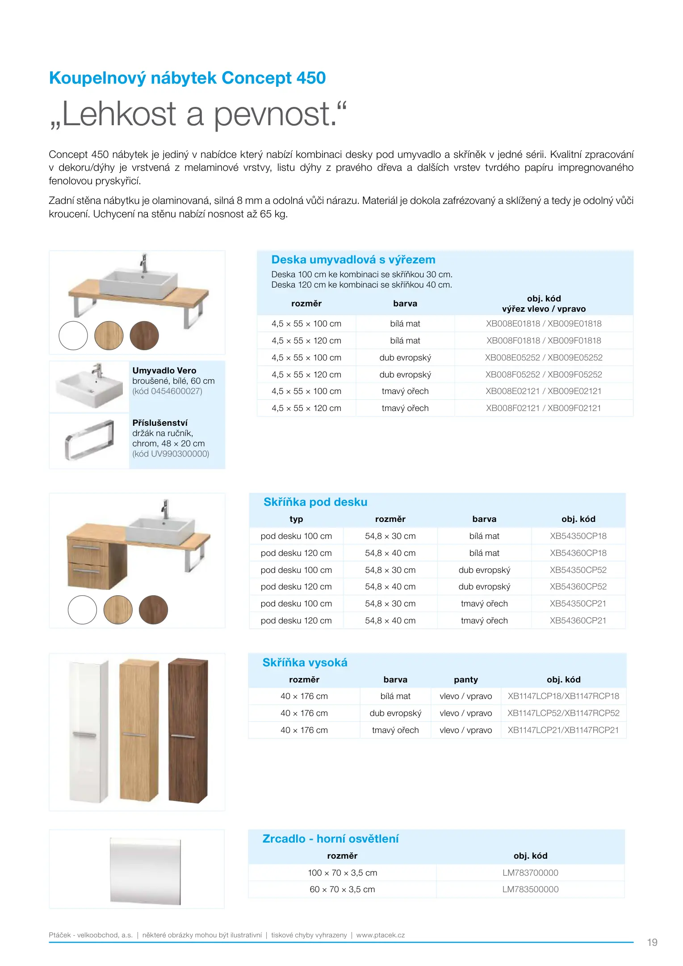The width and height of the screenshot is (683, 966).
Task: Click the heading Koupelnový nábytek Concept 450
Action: (187, 78)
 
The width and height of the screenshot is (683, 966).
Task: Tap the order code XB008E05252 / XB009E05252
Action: (543, 358)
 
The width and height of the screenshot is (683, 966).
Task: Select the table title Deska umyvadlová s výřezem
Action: (353, 260)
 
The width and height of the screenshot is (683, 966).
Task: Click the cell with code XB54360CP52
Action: (578, 587)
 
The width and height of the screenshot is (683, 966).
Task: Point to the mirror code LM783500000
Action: (530, 890)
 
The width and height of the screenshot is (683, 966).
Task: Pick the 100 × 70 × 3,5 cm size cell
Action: (342, 873)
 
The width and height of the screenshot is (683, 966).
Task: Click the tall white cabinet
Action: (89, 732)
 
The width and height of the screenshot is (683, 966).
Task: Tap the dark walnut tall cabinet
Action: (188, 731)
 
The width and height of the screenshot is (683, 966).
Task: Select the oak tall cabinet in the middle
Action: (139, 731)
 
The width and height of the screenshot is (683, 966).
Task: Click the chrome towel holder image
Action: (89, 441)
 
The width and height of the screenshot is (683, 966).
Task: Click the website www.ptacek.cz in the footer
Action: (381, 935)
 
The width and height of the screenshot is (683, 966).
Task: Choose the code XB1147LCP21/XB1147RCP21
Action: (563, 730)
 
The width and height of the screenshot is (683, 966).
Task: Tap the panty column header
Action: (465, 680)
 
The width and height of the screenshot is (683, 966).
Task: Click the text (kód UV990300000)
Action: (171, 454)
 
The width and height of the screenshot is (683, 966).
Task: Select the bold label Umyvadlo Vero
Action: (164, 371)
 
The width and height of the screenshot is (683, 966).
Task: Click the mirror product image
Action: (146, 871)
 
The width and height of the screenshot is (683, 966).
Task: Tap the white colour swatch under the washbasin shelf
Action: (73, 336)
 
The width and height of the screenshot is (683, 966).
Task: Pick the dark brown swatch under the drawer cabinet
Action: (153, 610)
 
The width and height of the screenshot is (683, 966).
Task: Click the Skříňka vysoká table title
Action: (305, 663)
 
